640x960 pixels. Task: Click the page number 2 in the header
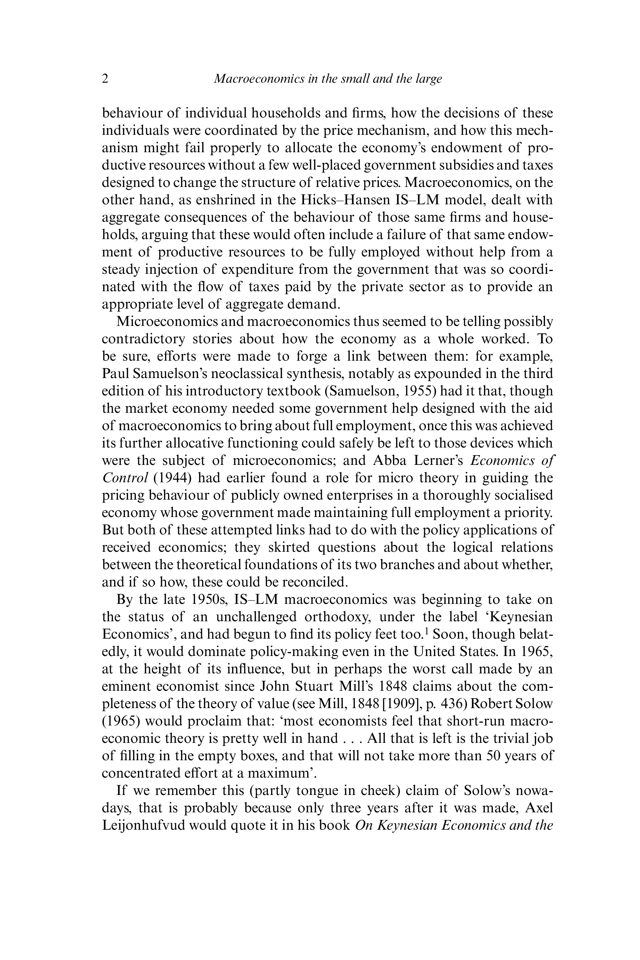point(105,79)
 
